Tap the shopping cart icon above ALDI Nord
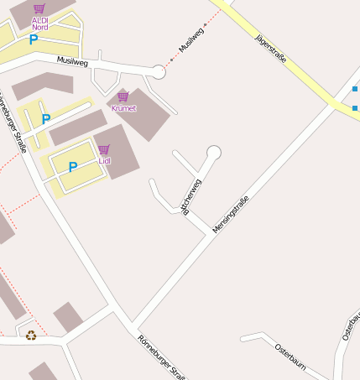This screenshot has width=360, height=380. coord(39,8)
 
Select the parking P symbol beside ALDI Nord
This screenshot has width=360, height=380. coord(34,39)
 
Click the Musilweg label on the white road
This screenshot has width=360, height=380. coord(72,61)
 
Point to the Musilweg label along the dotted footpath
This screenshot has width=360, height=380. coord(190,42)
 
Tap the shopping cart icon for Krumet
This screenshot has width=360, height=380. coord(123,97)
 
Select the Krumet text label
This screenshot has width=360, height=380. coord(123,109)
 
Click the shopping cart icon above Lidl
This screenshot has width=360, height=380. coord(104,149)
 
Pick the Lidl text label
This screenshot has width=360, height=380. coord(104,160)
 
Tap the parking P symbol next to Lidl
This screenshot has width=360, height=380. coord(73,167)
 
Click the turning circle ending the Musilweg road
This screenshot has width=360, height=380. coord(159,72)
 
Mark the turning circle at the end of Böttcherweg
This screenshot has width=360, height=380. coord(214,152)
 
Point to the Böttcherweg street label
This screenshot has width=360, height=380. coord(192,196)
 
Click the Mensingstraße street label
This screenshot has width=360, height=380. coord(231,214)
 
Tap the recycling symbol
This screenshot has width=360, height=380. coord(31,336)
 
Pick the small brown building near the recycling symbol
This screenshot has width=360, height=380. coord(68,317)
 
